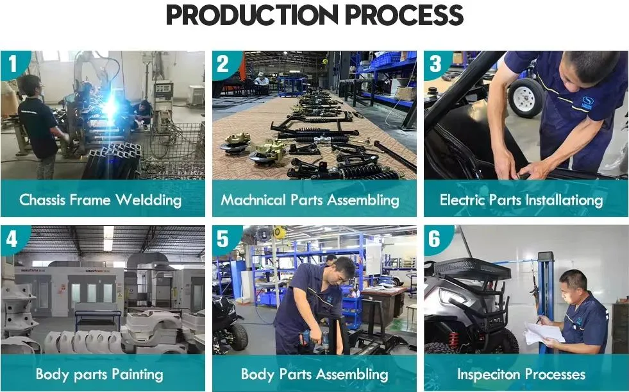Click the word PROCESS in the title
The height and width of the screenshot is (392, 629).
(404, 15)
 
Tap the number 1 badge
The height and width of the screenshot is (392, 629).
(13, 64)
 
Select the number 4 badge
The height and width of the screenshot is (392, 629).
(12, 239)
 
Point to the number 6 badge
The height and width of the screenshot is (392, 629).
(435, 239)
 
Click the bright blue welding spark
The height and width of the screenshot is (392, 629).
(109, 107)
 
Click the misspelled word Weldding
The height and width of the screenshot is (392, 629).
(149, 200)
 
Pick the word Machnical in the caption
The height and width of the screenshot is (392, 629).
(253, 200)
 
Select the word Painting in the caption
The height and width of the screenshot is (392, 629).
(137, 374)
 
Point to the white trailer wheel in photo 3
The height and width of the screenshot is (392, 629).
(526, 98)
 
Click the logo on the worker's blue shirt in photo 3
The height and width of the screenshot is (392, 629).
(587, 102)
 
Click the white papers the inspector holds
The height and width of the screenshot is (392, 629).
(544, 334)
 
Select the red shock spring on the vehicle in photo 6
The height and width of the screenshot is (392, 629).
(453, 339)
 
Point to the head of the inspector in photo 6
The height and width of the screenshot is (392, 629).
(573, 285)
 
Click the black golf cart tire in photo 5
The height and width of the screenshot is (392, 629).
(239, 337)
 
